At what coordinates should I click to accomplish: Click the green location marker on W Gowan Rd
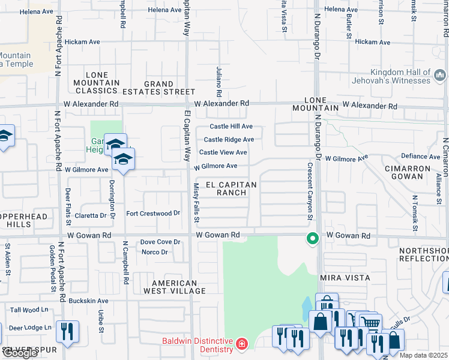click(x=312, y=238)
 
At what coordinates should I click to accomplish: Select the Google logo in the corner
click(x=20, y=353)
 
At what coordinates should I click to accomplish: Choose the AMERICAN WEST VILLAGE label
click(x=174, y=287)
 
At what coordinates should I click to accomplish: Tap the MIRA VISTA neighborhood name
click(x=345, y=278)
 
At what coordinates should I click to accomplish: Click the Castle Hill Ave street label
click(x=231, y=127)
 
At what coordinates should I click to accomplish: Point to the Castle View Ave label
click(x=223, y=152)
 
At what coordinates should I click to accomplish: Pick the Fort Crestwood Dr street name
click(x=153, y=214)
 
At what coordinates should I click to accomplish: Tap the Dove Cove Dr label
click(x=160, y=242)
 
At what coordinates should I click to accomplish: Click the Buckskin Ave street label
click(x=88, y=301)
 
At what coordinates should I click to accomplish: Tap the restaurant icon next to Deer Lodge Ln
click(x=66, y=332)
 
